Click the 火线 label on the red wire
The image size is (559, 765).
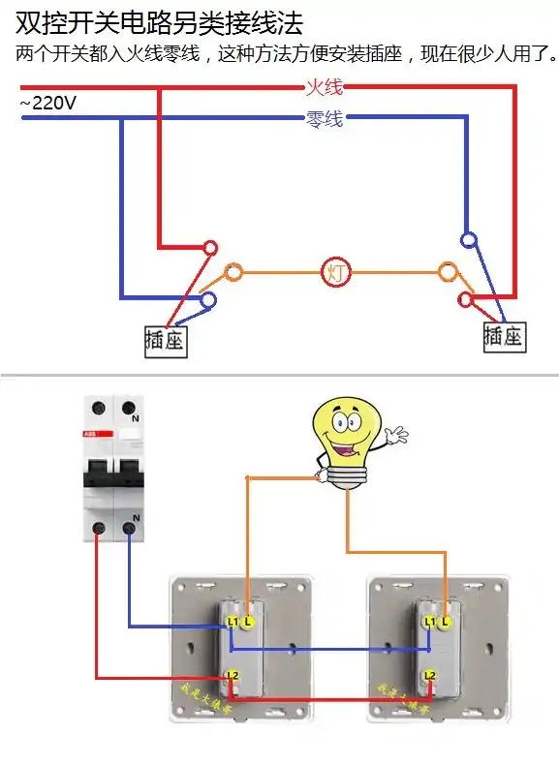[x=324, y=88]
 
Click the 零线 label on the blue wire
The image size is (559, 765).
[x=324, y=120]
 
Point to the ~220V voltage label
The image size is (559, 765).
[x=47, y=104]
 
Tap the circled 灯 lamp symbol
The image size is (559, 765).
[x=335, y=272]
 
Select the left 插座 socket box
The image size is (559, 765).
[x=165, y=340]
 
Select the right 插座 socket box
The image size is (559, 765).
[x=503, y=336]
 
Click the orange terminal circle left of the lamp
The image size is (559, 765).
[x=233, y=272]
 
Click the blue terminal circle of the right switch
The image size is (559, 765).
[x=469, y=239]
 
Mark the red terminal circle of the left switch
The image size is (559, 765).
[x=208, y=246]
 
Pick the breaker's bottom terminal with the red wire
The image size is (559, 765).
[x=98, y=528]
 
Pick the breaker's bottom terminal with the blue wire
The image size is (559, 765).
[x=130, y=528]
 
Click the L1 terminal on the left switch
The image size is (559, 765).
[x=232, y=620]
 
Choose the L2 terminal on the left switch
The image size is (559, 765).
[x=232, y=674]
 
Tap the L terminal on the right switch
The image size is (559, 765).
[x=446, y=620]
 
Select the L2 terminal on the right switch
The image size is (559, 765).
[x=429, y=674]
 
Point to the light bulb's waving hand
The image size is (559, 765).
[x=396, y=435]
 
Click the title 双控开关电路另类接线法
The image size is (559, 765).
[x=159, y=20]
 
